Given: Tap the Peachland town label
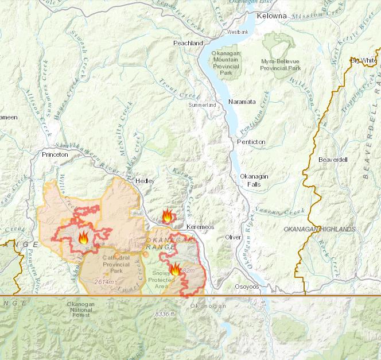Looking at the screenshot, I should [188, 43].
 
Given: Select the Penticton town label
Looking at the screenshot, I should [251, 141].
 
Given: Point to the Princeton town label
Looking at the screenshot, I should [55, 154].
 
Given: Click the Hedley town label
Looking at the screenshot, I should [145, 181].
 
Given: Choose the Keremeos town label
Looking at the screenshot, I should [200, 227].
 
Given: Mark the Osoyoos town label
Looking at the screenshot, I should [247, 286].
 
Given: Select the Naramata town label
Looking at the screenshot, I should [242, 102].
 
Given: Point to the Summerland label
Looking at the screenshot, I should [203, 106].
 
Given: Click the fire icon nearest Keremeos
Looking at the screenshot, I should [167, 216].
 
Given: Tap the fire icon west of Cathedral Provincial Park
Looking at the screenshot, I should [83, 238].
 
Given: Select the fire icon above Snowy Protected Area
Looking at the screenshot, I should [174, 269].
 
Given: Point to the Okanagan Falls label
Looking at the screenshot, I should [253, 180].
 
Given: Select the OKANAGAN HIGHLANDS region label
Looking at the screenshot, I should [320, 230].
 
